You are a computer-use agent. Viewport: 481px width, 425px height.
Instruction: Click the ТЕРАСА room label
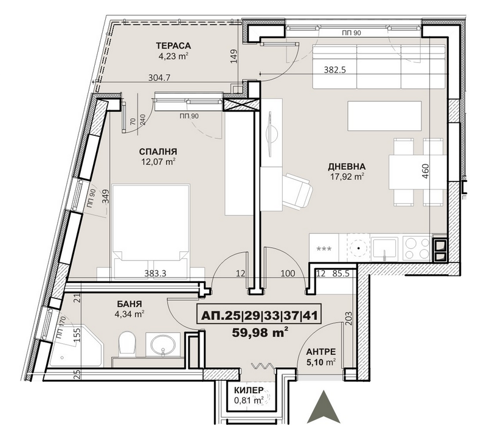point(173,46)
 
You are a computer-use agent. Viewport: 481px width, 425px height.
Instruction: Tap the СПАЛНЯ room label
point(158,152)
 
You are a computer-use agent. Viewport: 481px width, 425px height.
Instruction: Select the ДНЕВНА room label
point(347,167)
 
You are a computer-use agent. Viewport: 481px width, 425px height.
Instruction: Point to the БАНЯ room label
point(130,304)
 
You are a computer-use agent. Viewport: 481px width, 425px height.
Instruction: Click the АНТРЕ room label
point(321,352)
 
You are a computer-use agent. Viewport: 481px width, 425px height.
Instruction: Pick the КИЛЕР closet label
point(249,390)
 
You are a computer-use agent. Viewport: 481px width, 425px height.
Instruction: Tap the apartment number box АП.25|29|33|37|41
point(259,315)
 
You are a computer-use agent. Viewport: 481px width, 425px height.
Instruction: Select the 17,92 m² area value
point(347,177)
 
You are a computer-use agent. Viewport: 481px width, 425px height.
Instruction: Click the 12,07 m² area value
point(158,161)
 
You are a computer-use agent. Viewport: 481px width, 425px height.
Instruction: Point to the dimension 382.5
point(334,70)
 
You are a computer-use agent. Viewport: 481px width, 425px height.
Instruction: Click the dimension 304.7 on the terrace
point(159,78)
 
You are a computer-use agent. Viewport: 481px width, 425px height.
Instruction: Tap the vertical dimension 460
point(426,172)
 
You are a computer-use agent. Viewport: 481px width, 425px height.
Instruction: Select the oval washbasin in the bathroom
point(162,344)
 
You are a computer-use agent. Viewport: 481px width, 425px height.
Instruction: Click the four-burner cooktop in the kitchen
point(417,249)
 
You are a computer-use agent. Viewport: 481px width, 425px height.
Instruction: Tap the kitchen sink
point(384,249)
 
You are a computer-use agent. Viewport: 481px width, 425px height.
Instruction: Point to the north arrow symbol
point(324,407)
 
